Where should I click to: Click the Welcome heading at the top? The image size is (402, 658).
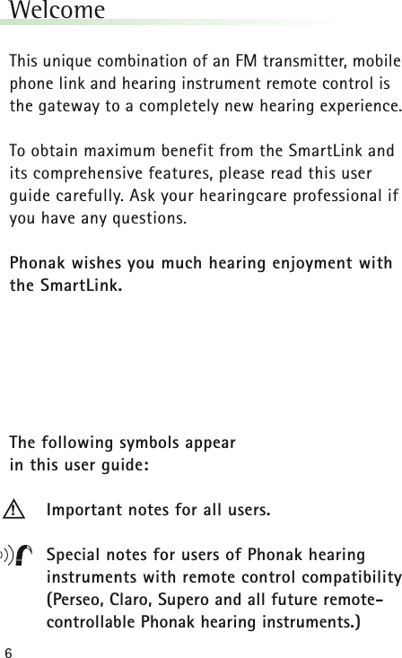pyautogui.click(x=56, y=12)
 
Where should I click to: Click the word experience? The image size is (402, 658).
pyautogui.click(x=351, y=107)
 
